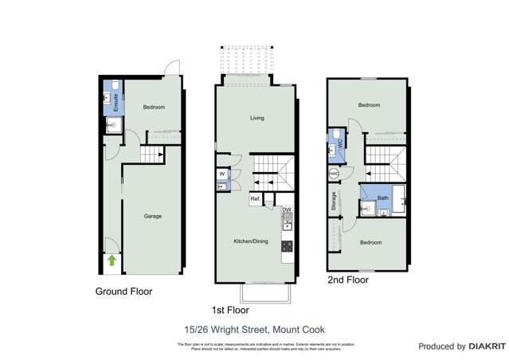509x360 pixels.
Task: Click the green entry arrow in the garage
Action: (x=112, y=260)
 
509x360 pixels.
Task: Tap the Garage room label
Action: (x=153, y=215)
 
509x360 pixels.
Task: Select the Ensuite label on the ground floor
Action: (x=116, y=102)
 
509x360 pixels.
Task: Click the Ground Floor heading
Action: (x=123, y=292)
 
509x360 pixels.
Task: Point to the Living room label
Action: (x=256, y=118)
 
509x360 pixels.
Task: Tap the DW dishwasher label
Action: (x=287, y=210)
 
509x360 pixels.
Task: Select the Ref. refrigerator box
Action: (x=256, y=198)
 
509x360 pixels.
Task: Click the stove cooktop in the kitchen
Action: (x=287, y=246)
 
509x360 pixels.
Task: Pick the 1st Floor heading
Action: (x=231, y=310)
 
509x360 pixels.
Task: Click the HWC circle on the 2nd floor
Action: (x=334, y=174)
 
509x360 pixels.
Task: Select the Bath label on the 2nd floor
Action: (x=383, y=198)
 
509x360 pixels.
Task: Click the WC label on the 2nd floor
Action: (x=339, y=143)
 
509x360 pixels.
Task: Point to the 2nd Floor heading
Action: (x=348, y=280)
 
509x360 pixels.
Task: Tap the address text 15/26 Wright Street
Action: (x=253, y=330)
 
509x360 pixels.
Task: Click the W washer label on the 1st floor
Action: (x=221, y=174)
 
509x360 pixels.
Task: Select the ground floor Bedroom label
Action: (x=154, y=107)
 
